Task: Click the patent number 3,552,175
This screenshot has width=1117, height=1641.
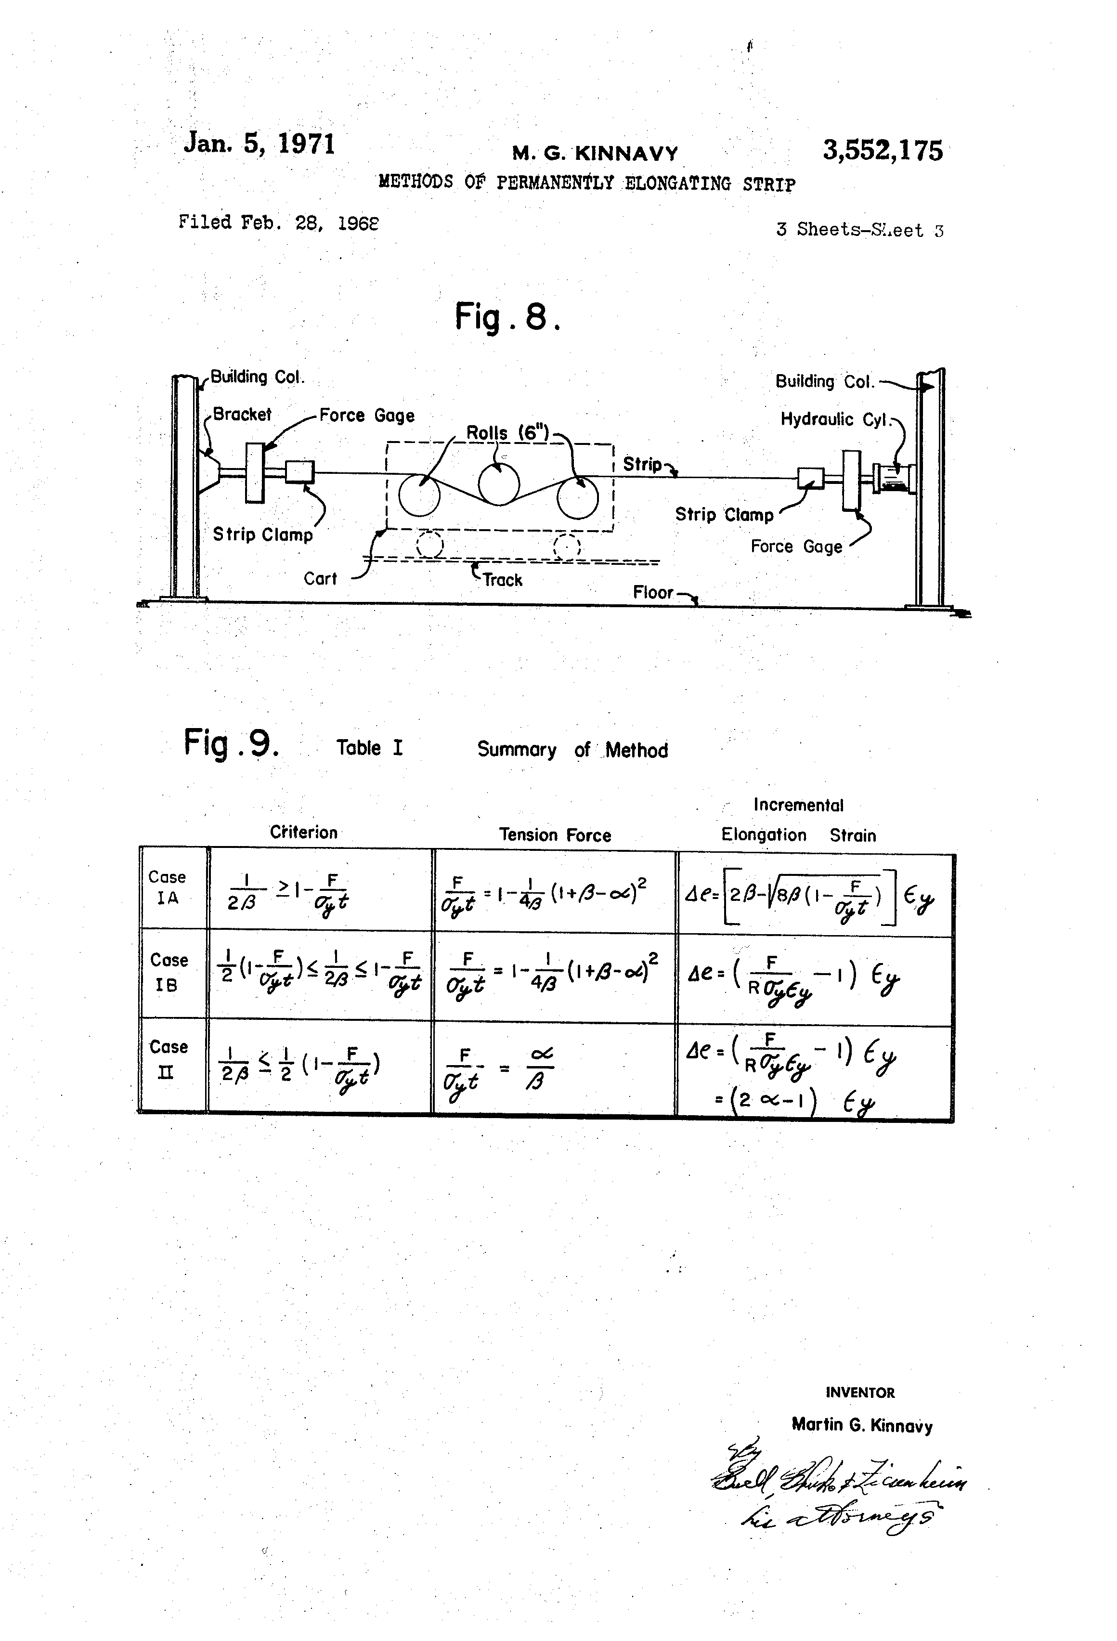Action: pyautogui.click(x=882, y=150)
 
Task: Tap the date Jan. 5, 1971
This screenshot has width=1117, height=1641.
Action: pyautogui.click(x=259, y=143)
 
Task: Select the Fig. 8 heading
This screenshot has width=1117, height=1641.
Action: pyautogui.click(x=507, y=316)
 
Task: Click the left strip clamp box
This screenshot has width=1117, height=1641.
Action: pyautogui.click(x=299, y=472)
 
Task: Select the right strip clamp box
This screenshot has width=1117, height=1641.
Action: pyautogui.click(x=810, y=478)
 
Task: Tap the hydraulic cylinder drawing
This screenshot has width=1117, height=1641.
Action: pyautogui.click(x=893, y=478)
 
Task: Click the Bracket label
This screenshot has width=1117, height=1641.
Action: pyautogui.click(x=242, y=415)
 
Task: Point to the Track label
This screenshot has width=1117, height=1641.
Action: pyautogui.click(x=502, y=580)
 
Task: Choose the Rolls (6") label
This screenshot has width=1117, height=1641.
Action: pyautogui.click(x=507, y=433)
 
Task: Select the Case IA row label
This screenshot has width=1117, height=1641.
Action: pyautogui.click(x=168, y=887)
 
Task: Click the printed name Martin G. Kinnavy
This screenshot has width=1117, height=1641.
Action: pyautogui.click(x=861, y=1425)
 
